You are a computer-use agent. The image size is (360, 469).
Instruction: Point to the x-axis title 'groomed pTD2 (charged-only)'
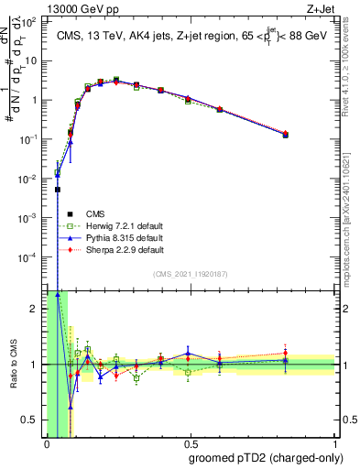tap(267, 457)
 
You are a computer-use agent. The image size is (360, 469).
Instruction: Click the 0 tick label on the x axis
tap(47, 444)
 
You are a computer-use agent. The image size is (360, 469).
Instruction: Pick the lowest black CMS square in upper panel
tap(58, 190)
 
